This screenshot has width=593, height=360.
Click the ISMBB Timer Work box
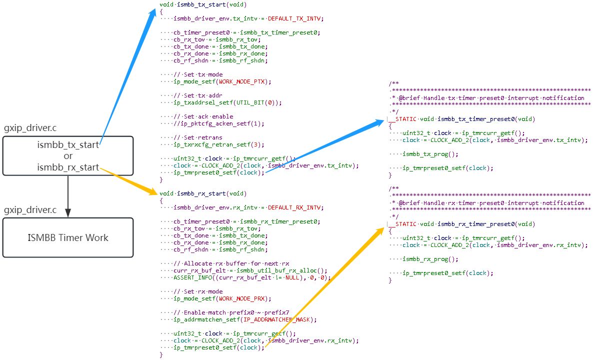pyautogui.click(x=68, y=237)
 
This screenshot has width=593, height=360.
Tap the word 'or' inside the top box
pyautogui.click(x=68, y=156)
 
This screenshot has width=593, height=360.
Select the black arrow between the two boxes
pyautogui.click(x=68, y=196)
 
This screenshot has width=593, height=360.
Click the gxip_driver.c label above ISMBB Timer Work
pyautogui.click(x=30, y=209)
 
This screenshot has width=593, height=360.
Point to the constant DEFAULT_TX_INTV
pyautogui.click(x=295, y=18)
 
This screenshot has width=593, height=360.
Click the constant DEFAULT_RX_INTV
pyautogui.click(x=295, y=207)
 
